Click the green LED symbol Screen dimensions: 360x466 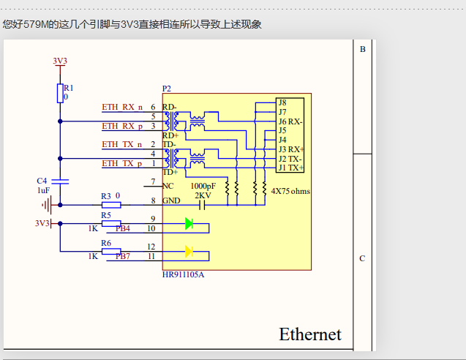tap(189, 224)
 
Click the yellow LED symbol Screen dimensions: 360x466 tap(189, 252)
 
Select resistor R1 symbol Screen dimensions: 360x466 tap(60, 93)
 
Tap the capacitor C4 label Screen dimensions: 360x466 tap(42, 181)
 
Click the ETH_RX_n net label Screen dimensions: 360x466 tap(122, 107)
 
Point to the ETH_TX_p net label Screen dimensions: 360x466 tap(122, 163)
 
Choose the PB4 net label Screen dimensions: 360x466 tap(122, 229)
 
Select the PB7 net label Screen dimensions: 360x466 tap(122, 257)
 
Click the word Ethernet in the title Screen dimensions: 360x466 tap(310, 334)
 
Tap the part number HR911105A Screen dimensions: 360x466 tap(183, 275)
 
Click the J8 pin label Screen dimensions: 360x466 tap(282, 102)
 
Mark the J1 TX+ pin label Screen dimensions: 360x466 tap(290, 168)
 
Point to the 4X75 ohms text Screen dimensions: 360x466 tap(291, 190)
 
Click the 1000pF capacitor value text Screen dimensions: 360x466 tap(203, 187)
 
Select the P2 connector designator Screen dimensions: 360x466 tap(167, 89)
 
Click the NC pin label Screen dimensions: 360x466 tap(168, 185)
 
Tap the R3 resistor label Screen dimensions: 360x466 tap(105, 196)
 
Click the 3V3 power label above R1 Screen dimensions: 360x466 tap(60, 61)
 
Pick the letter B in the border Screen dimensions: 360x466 tap(362, 49)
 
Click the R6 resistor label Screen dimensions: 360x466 tap(106, 243)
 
